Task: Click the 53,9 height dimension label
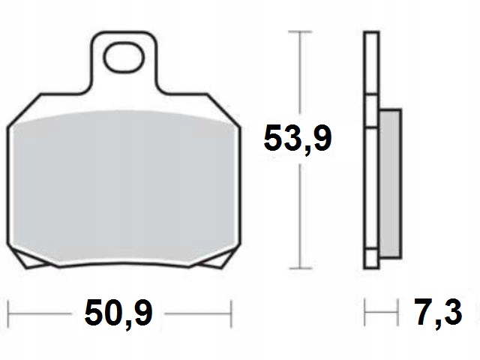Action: [x=298, y=139]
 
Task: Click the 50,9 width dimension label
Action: [x=118, y=313]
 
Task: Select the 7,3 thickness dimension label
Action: [x=438, y=312]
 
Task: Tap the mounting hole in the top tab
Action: [x=124, y=58]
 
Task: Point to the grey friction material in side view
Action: [x=390, y=184]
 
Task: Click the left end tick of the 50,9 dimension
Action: [x=8, y=313]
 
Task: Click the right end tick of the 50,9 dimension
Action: [x=232, y=313]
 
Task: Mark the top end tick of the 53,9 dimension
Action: [x=300, y=31]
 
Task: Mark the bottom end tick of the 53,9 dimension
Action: [x=300, y=268]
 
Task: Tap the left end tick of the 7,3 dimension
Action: [x=365, y=313]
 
